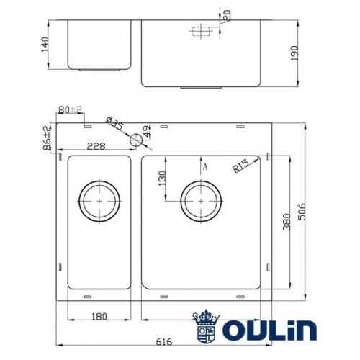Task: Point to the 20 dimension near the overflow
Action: tap(225, 14)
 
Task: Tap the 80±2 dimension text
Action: tap(71, 110)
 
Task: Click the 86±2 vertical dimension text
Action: tap(47, 137)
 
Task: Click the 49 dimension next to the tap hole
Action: tap(148, 132)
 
